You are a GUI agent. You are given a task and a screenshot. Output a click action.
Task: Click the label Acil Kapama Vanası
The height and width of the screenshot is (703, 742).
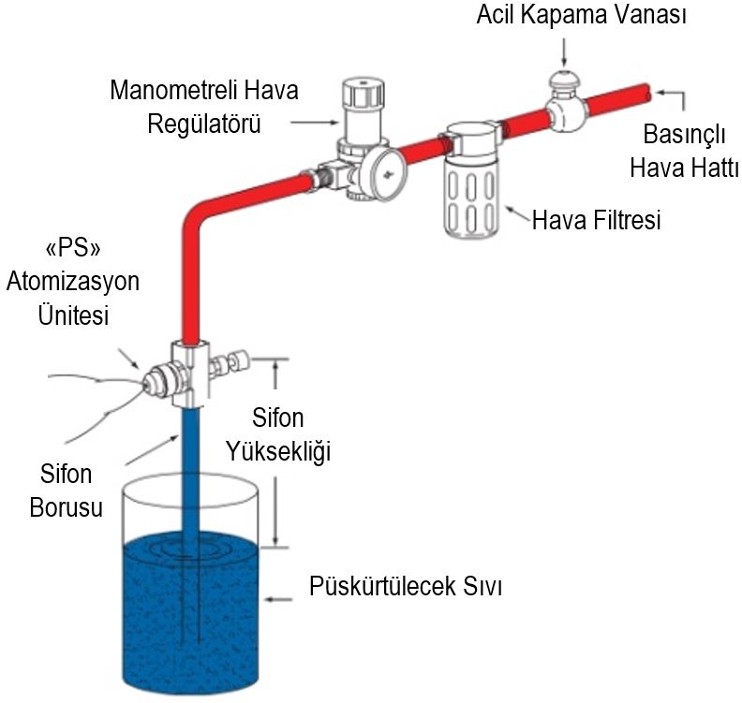click(x=582, y=15)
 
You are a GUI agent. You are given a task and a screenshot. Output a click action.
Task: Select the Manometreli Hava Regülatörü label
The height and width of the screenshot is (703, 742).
click(x=204, y=107)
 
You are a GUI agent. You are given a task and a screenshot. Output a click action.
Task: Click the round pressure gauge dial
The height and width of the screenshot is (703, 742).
click(x=386, y=173)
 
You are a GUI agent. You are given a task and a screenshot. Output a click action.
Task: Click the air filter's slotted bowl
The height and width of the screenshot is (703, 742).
click(x=471, y=197)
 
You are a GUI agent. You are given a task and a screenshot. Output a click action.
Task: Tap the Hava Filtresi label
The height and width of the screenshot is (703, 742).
click(x=596, y=220)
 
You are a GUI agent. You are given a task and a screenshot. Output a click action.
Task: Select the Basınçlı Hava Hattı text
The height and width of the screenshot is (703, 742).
click(x=684, y=152)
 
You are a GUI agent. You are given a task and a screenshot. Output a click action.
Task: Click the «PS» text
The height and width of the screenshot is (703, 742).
click(x=73, y=249)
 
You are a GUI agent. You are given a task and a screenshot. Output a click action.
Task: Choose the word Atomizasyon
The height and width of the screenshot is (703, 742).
click(x=73, y=282)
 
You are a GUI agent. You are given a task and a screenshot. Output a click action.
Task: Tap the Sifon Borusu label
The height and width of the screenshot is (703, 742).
click(x=67, y=491)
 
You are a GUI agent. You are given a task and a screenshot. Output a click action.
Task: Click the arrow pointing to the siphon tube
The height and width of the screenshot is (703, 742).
click(x=152, y=449)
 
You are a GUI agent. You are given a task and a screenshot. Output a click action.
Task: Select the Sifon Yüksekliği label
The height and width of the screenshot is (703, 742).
click(x=277, y=435)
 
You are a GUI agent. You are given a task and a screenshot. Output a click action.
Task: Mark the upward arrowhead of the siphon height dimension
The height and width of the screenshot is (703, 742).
click(x=275, y=365)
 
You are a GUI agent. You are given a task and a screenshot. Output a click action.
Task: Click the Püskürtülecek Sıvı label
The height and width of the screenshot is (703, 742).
click(x=406, y=586)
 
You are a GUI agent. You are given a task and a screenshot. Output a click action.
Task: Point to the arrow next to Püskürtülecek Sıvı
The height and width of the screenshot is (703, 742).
click(x=278, y=599)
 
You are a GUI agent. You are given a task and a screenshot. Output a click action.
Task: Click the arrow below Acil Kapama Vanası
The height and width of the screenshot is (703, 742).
click(x=564, y=51)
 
